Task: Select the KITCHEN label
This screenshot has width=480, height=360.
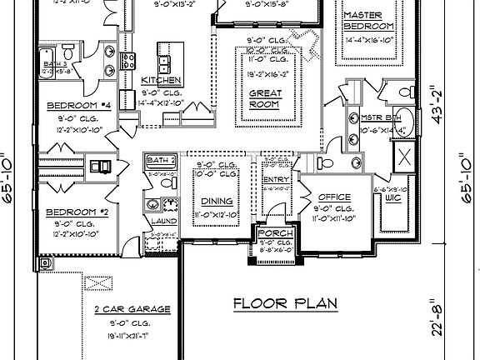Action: tap(162, 79)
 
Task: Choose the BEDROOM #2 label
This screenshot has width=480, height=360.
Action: tap(76, 212)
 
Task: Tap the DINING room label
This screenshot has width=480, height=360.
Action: tap(216, 201)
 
